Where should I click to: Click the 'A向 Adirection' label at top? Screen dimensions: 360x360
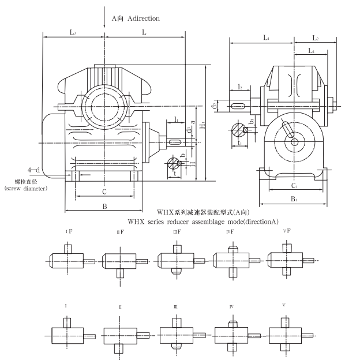[136, 18]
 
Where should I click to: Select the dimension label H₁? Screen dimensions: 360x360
[202, 125]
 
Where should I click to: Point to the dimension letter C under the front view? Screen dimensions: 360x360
[104, 191]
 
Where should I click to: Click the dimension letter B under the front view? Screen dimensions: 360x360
[104, 205]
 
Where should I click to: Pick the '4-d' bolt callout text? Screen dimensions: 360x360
[34, 170]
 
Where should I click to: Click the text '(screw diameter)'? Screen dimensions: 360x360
[25, 188]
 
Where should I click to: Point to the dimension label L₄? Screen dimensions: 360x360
[311, 51]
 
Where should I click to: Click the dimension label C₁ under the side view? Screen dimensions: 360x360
[294, 186]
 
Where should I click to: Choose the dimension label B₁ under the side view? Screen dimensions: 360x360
[294, 200]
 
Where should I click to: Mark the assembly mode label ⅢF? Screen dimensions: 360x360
[177, 231]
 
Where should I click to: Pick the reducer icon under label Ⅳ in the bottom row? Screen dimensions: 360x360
[231, 334]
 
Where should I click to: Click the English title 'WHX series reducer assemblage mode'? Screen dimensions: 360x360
[203, 222]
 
